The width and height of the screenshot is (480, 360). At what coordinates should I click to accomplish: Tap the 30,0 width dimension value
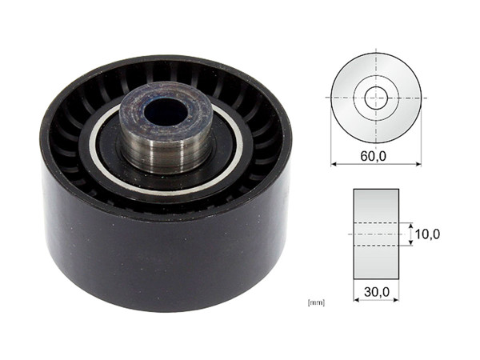(x=375, y=294)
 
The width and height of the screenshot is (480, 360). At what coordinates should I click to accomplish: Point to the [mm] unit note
(x=315, y=302)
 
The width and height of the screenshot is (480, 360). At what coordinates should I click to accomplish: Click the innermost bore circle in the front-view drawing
(x=375, y=98)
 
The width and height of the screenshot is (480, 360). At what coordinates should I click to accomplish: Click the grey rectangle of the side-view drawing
(x=375, y=208)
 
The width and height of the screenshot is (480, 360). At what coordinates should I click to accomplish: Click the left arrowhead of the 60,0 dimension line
(x=334, y=165)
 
